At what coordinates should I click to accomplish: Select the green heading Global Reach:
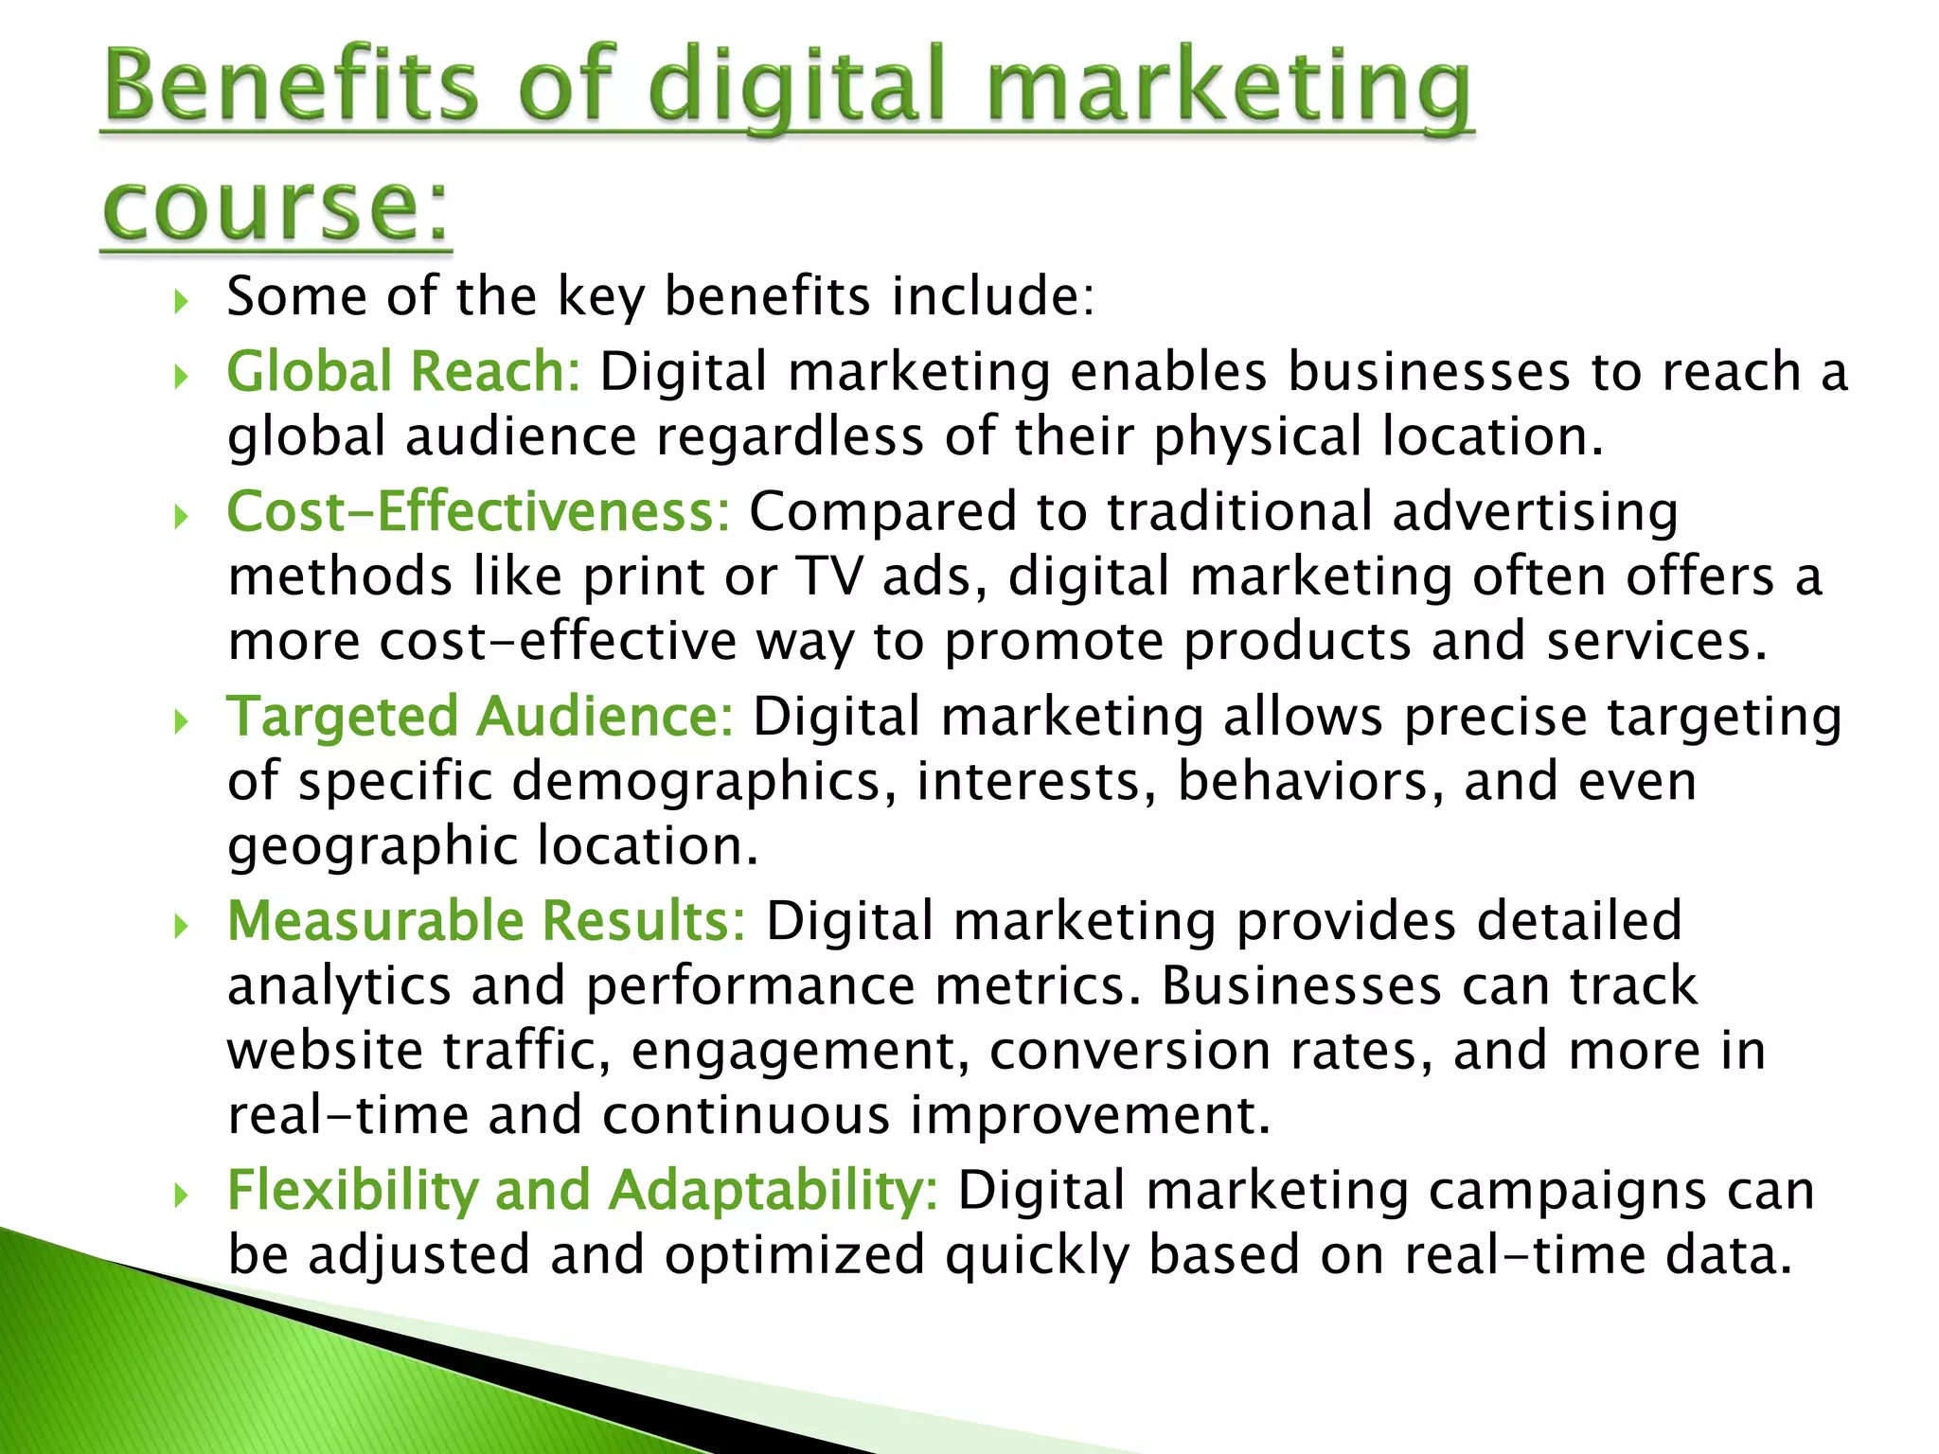[x=403, y=371]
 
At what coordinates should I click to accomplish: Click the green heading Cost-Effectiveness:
[x=478, y=511]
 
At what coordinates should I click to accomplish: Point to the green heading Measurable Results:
[x=487, y=921]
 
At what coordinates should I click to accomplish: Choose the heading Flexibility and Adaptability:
[x=582, y=1190]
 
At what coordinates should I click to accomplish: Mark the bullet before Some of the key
[x=182, y=303]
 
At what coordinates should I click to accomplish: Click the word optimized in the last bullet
[x=794, y=1255]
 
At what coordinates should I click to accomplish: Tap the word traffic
[x=526, y=1051]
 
